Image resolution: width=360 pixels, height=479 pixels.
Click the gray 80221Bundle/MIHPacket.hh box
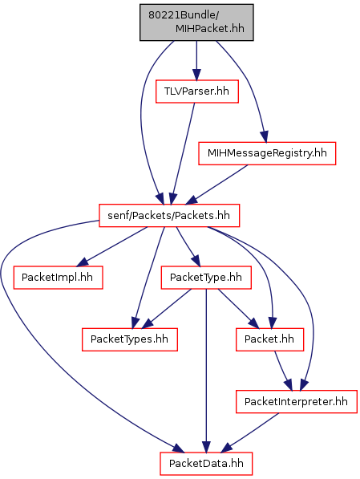coord(196,22)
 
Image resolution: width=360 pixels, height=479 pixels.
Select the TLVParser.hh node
coord(197,91)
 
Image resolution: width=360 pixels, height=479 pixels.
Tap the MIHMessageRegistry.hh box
coord(267,153)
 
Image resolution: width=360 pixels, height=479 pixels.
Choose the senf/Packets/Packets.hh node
coord(169,216)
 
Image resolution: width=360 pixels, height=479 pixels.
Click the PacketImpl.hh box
coord(58,278)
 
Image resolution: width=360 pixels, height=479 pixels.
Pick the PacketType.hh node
coord(206,278)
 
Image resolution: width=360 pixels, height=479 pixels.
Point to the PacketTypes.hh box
coord(130,339)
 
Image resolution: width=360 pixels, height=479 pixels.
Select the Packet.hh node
coord(269,339)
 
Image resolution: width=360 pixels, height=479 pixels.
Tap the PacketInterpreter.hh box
coord(296,401)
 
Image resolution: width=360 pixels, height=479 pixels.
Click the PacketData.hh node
coord(206,464)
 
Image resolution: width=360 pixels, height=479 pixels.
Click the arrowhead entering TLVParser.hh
coord(196,75)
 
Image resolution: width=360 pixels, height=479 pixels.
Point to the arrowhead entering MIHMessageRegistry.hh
coord(265,136)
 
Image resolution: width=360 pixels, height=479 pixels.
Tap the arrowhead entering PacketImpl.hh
coord(82,262)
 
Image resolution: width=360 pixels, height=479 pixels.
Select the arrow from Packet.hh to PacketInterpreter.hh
coord(282,370)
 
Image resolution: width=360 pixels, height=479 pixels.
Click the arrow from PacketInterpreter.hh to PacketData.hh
coord(250,432)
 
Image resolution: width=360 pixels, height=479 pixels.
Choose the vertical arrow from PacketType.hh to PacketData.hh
coord(206,371)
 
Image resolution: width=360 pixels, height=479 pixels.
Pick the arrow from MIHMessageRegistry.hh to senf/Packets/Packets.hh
coord(216,185)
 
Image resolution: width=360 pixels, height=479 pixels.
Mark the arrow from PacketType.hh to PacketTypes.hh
coord(167,309)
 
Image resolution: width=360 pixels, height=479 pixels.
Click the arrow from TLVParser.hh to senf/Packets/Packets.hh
coord(183,154)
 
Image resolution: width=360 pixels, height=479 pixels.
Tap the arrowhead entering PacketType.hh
coord(196,262)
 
